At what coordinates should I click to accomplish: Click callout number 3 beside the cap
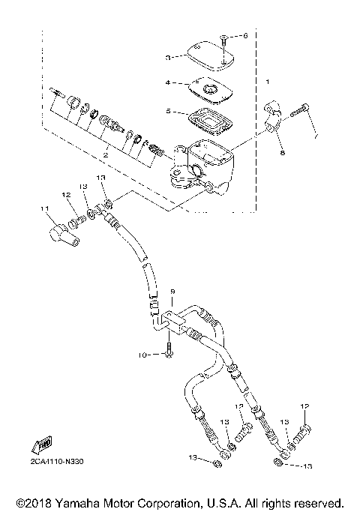click(x=169, y=55)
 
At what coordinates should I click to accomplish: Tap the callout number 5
click(x=169, y=112)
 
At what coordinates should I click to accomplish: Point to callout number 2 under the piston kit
click(x=106, y=155)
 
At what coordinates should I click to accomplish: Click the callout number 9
click(x=172, y=290)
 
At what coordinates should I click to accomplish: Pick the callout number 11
click(x=45, y=208)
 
